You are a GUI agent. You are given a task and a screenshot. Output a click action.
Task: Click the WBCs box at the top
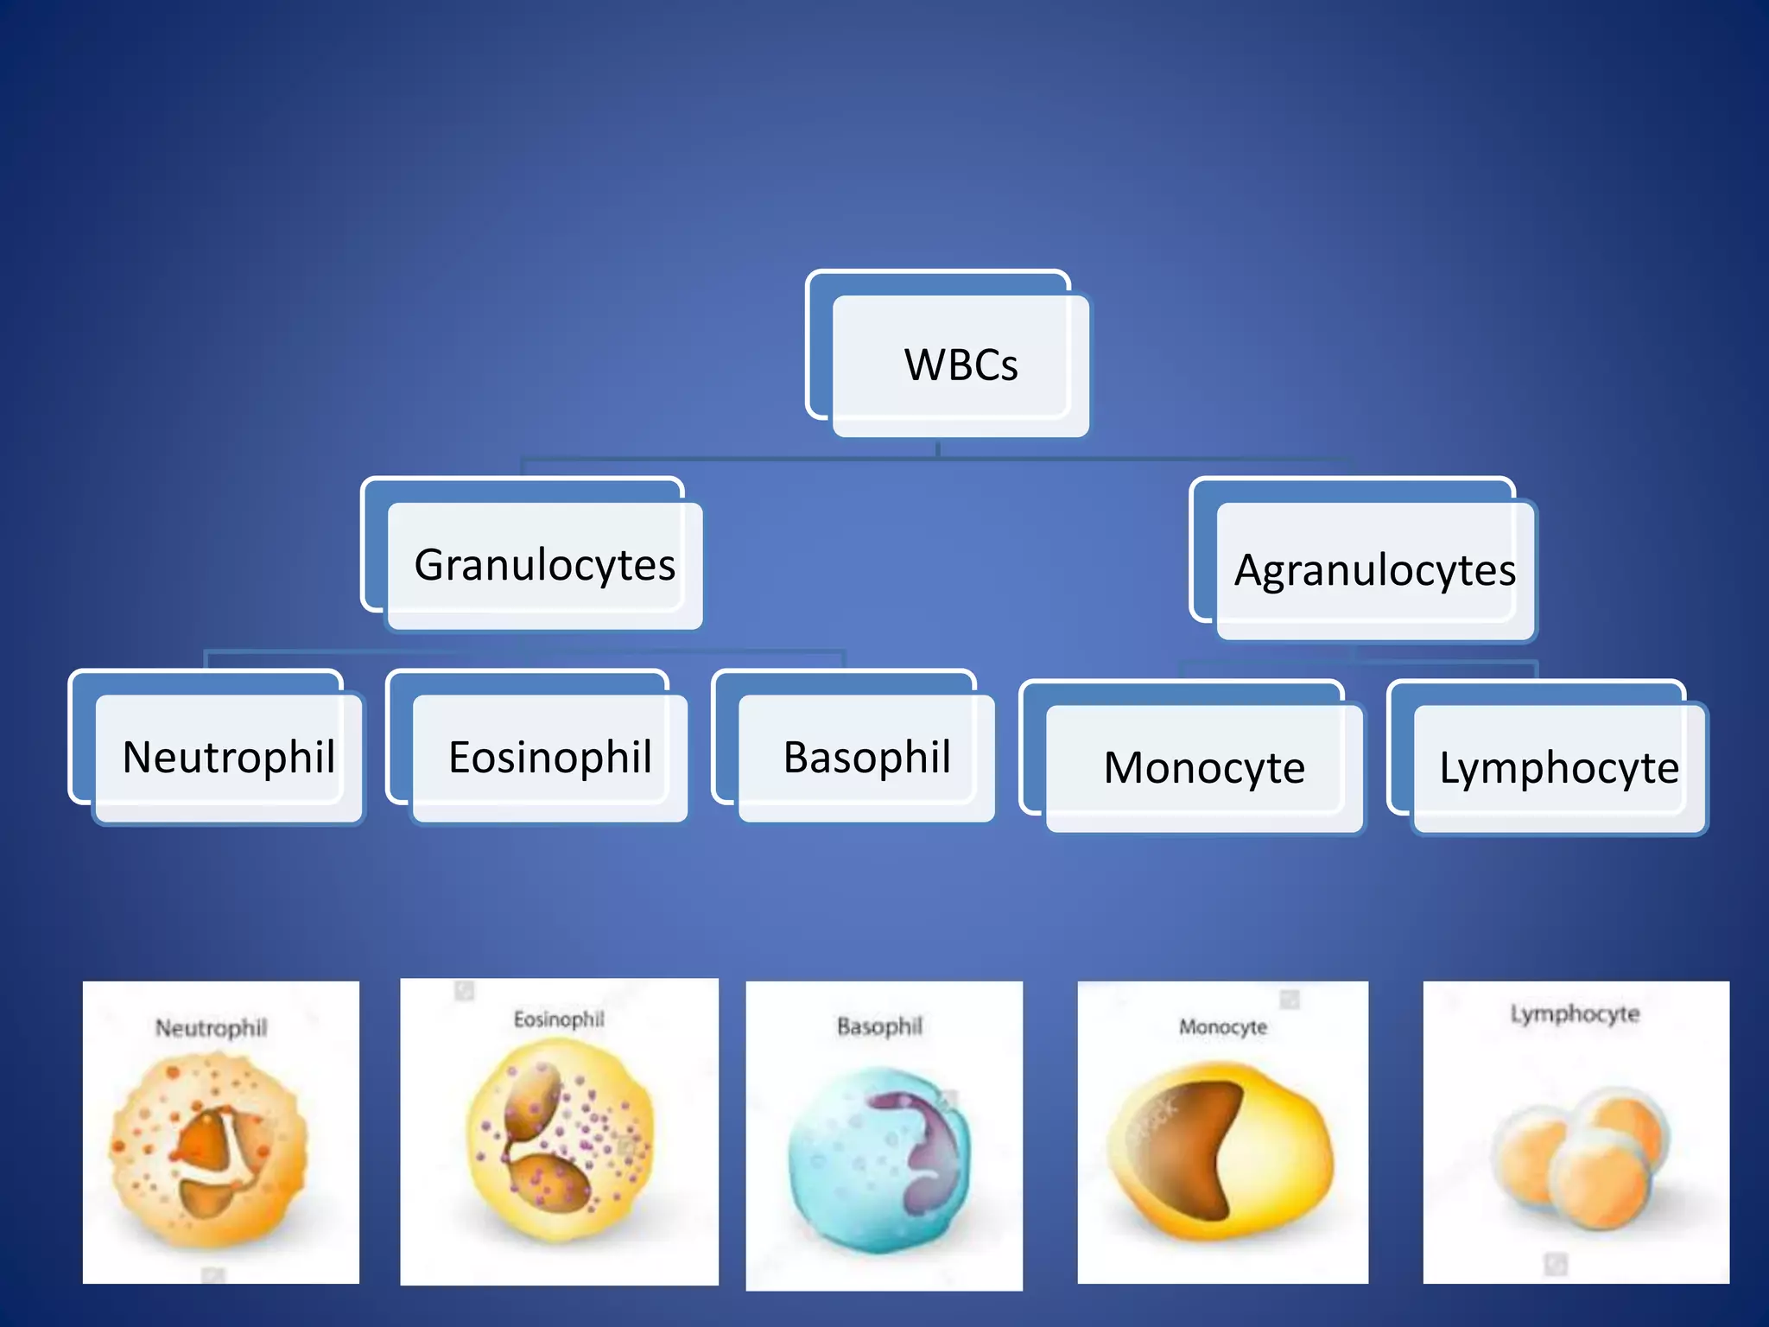[x=960, y=365]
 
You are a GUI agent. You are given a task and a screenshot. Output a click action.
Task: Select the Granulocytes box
[x=544, y=565]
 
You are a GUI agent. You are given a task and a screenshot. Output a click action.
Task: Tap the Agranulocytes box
[x=1374, y=570]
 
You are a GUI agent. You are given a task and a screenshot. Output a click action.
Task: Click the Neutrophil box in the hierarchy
[x=228, y=758]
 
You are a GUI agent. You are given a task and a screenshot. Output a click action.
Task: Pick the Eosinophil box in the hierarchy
[x=549, y=758]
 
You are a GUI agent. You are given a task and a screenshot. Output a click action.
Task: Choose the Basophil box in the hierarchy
[x=866, y=758]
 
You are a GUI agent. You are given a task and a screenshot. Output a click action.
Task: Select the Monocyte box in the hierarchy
[x=1204, y=768]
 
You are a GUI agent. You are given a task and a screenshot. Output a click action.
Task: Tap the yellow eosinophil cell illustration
[x=560, y=1140]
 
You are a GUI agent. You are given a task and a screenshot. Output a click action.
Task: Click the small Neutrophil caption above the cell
[x=211, y=1028]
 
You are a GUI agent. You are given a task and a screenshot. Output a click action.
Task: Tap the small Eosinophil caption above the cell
[x=559, y=1019]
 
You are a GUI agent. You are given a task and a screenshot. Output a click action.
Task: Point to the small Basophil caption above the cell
[x=879, y=1026]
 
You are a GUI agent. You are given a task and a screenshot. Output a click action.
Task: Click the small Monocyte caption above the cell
[x=1223, y=1027]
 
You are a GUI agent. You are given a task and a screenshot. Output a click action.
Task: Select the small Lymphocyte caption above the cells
[x=1575, y=1013]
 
